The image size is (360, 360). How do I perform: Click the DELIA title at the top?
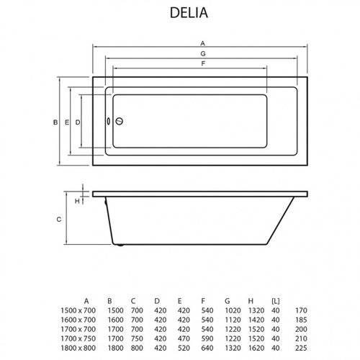click(x=189, y=12)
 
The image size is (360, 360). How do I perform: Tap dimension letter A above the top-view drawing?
click(x=203, y=43)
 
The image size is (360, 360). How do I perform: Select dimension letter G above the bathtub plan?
click(x=203, y=53)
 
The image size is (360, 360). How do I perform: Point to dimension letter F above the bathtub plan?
click(x=203, y=63)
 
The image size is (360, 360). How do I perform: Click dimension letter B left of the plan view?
click(x=55, y=122)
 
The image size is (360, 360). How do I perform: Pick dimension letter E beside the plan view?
click(x=67, y=122)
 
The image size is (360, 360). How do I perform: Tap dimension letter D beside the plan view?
click(x=78, y=122)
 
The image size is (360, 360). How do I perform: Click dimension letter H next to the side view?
click(x=77, y=201)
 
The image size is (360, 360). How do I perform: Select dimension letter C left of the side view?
click(x=59, y=220)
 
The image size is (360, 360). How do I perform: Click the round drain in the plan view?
click(x=120, y=121)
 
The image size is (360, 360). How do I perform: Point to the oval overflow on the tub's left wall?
click(x=109, y=121)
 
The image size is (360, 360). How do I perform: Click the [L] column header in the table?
click(x=276, y=301)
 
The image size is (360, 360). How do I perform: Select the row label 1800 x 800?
click(x=78, y=348)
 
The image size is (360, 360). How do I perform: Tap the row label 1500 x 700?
click(x=78, y=310)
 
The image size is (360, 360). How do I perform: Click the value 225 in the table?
click(x=301, y=348)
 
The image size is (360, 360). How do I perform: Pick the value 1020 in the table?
click(x=233, y=310)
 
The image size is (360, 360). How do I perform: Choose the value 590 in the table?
click(x=207, y=338)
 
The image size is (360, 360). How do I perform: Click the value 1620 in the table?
click(x=256, y=348)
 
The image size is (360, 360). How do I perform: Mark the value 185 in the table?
click(x=301, y=320)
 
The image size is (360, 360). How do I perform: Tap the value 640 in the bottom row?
click(x=207, y=348)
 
